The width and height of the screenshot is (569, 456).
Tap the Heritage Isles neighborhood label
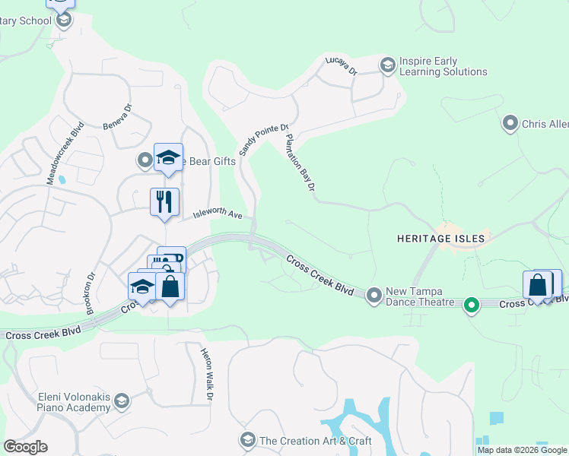[x=440, y=238]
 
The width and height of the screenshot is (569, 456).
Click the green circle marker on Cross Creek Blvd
[x=472, y=306]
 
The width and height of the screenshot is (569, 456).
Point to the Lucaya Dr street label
[x=340, y=66]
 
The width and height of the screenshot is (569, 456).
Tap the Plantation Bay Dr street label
[x=299, y=163]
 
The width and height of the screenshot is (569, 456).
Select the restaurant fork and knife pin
[x=164, y=201]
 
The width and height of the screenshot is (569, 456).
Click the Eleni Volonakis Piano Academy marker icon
[x=122, y=401]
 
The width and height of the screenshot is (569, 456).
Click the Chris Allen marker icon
[x=510, y=122]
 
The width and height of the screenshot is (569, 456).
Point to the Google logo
[x=25, y=447]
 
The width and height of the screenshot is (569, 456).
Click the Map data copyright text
[x=523, y=450]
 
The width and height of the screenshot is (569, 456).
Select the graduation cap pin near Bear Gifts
[x=168, y=157]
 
